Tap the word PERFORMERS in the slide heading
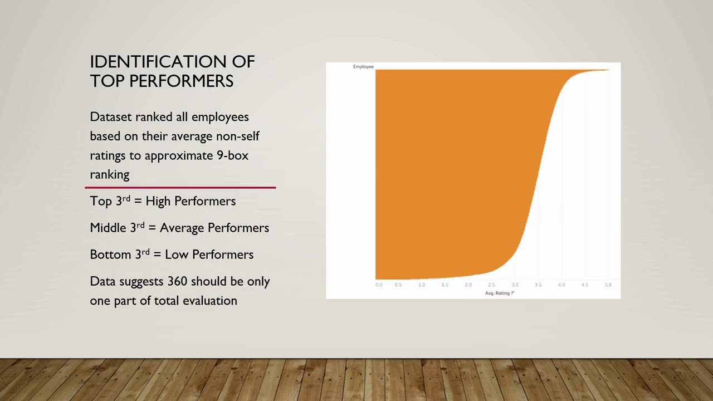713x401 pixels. [182, 81]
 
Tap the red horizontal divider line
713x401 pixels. [180, 188]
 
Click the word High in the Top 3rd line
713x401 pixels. [158, 201]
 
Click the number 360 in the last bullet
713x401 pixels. [177, 281]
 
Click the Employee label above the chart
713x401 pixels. [363, 67]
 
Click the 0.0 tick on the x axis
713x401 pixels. [379, 285]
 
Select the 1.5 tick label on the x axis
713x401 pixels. [445, 285]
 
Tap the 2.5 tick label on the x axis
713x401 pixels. [491, 285]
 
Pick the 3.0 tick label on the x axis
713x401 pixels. [515, 285]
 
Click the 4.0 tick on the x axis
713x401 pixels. [561, 285]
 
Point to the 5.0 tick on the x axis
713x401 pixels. [608, 285]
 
